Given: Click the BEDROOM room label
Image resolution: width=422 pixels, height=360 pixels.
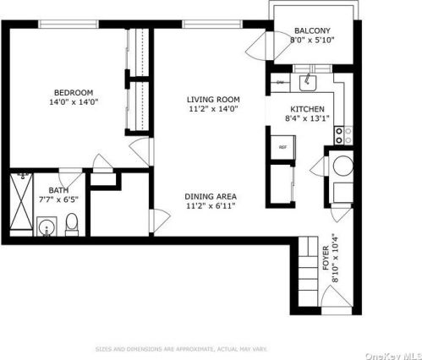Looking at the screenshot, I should click(x=74, y=92).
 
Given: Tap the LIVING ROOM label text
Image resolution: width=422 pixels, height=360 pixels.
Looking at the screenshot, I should click(x=213, y=99).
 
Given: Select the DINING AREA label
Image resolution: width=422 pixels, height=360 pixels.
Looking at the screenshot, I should click(x=211, y=197).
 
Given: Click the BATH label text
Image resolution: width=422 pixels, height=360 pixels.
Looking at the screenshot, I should click(x=58, y=191).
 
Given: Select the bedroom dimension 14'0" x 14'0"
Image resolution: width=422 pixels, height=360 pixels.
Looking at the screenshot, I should click(x=74, y=102).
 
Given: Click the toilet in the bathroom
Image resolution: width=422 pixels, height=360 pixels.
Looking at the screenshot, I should click(x=72, y=224).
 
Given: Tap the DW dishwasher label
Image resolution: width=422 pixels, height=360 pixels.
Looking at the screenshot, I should click(x=281, y=83).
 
